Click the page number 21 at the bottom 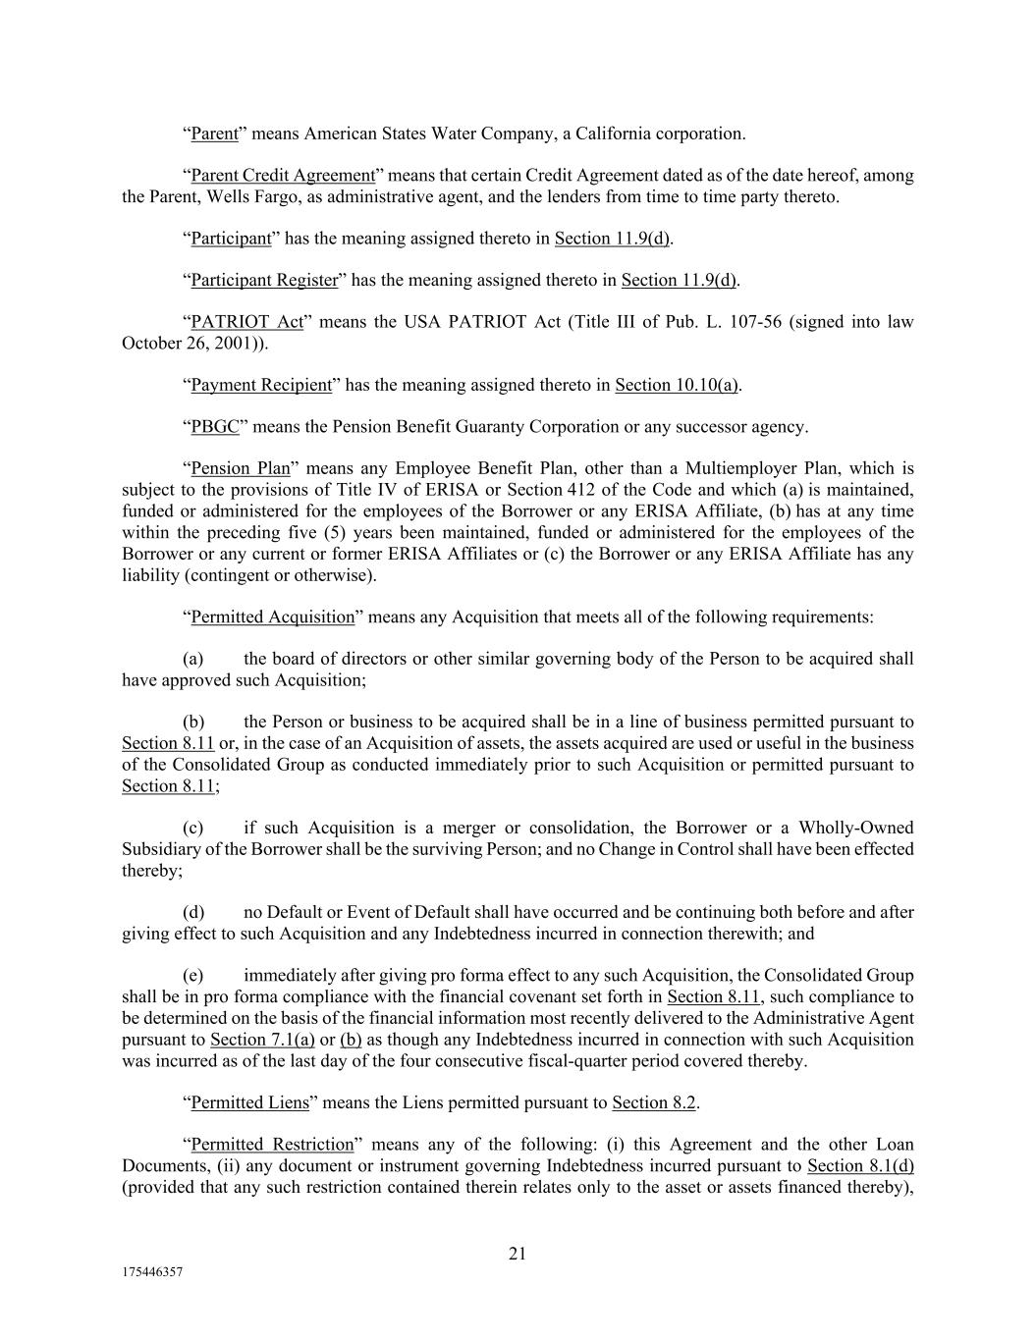coord(518,1253)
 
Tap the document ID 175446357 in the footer coord(153,1271)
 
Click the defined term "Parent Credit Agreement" coord(283,176)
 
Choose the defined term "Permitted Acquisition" coord(272,617)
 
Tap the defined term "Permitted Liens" coord(249,1102)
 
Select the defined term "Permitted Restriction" coord(272,1145)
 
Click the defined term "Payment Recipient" coord(261,385)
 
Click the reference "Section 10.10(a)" coord(677,385)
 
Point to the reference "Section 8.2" coord(654,1102)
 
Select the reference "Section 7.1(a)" coord(262,1040)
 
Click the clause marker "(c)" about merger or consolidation coord(193,828)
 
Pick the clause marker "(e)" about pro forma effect coord(193,976)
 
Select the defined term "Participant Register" coord(264,281)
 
